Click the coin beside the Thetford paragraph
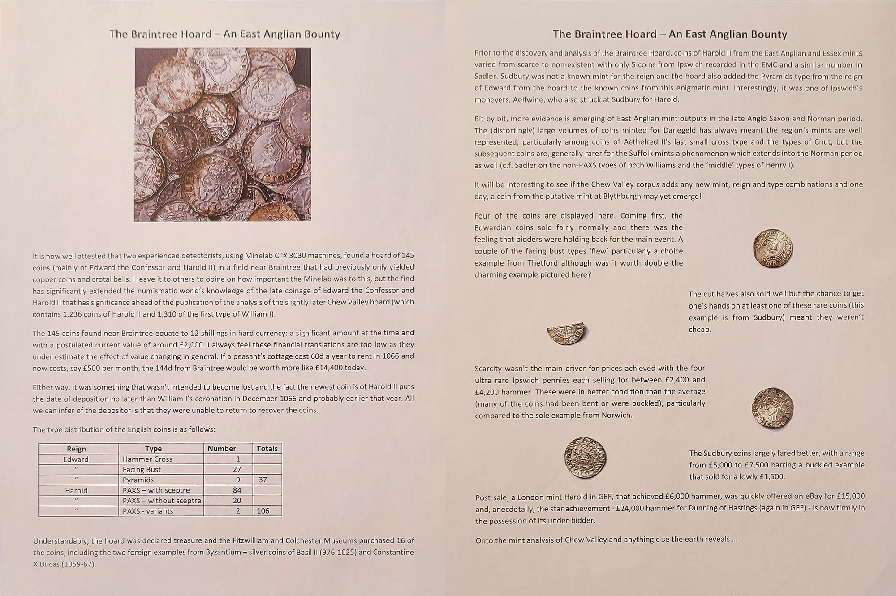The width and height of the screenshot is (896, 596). point(772,249)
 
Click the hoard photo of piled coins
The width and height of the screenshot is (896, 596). point(223,135)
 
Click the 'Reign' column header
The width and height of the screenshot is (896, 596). point(76,449)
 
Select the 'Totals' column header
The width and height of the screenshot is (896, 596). point(267,449)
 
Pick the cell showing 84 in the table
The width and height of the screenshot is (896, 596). point(237,490)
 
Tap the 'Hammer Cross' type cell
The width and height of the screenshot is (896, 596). point(147,459)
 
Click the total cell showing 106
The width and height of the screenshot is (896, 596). point(263,511)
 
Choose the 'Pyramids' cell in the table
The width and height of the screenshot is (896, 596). point(138,480)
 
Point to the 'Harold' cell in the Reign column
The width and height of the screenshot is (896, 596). point(76,490)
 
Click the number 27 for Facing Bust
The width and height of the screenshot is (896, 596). point(237,469)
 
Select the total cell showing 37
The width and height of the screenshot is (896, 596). point(263,480)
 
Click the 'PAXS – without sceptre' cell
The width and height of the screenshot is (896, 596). point(162,501)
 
